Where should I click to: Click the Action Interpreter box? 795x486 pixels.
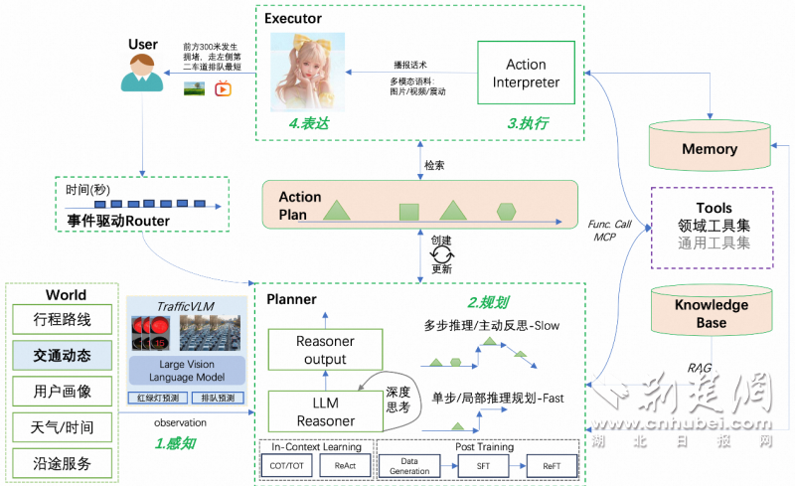click(526, 73)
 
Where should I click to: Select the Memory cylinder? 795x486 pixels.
click(709, 148)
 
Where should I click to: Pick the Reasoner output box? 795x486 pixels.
click(325, 350)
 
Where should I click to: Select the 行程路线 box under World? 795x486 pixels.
click(63, 320)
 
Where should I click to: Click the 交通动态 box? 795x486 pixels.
click(63, 356)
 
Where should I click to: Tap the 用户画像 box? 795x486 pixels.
click(63, 392)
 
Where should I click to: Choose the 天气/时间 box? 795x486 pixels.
click(63, 427)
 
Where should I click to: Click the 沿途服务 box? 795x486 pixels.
click(63, 463)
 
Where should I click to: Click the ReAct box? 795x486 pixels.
click(345, 465)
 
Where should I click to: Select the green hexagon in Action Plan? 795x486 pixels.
click(507, 211)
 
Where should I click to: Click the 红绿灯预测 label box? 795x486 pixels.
click(153, 398)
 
